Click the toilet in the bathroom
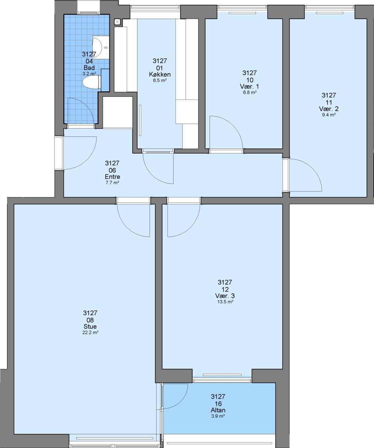[x=91, y=82]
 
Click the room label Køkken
[x=160, y=74]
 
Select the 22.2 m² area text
[x=90, y=333]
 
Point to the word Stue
[x=90, y=326]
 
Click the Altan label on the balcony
[x=218, y=410]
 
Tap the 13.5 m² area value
[x=225, y=302]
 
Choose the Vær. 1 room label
[x=250, y=86]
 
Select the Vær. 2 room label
[x=329, y=109]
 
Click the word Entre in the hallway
[x=112, y=177]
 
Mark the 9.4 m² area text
[x=329, y=115]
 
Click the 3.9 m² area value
[x=218, y=416]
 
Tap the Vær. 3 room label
[x=225, y=296]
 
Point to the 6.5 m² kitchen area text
[x=160, y=80]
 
